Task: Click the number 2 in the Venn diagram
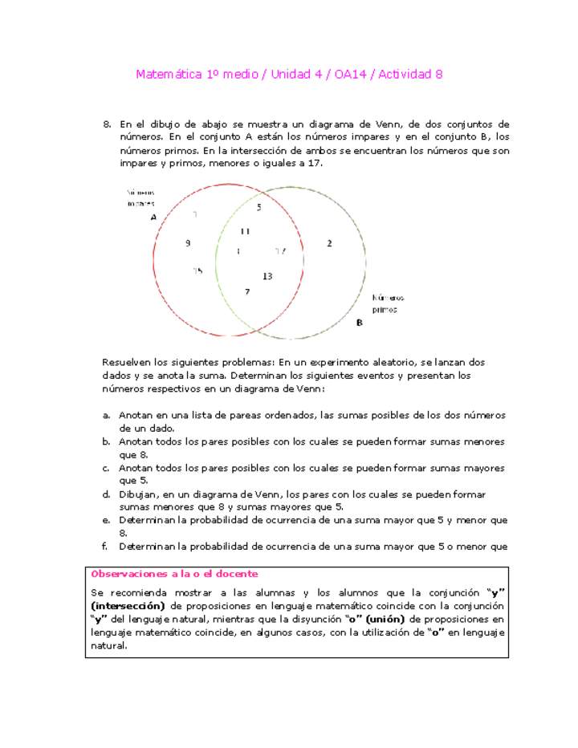(329, 243)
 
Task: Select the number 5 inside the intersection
(258, 208)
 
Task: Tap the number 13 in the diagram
(267, 276)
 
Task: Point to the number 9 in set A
(188, 242)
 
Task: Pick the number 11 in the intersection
(246, 231)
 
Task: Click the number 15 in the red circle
(197, 270)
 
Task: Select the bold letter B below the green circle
(359, 323)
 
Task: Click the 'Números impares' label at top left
(140, 197)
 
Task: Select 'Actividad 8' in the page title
(410, 75)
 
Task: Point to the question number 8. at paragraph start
(107, 124)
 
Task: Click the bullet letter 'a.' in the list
(107, 415)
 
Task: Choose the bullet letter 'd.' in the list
(107, 494)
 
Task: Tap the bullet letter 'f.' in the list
(106, 547)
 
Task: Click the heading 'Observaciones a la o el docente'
(174, 574)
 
